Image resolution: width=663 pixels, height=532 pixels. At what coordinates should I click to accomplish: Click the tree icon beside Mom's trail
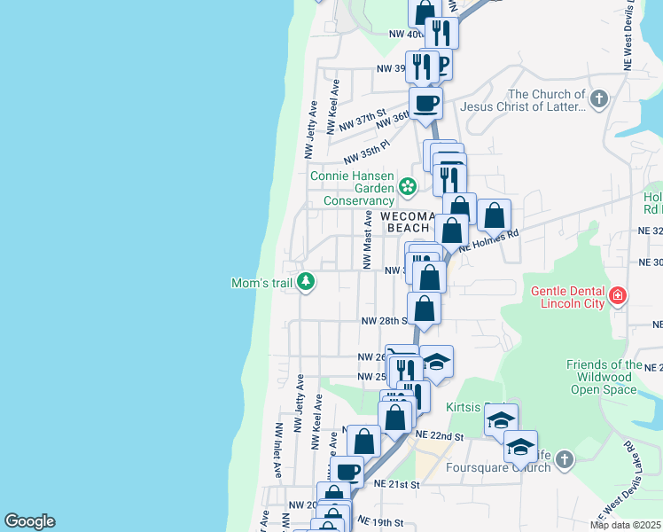pyautogui.click(x=306, y=282)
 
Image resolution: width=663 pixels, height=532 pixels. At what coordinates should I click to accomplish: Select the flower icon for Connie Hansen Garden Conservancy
pyautogui.click(x=408, y=186)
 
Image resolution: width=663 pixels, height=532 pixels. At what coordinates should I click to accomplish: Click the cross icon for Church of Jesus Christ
pyautogui.click(x=599, y=98)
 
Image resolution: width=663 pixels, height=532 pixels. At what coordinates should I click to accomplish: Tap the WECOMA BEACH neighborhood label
pyautogui.click(x=409, y=222)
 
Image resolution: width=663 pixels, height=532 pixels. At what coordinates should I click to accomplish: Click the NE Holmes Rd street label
pyautogui.click(x=488, y=242)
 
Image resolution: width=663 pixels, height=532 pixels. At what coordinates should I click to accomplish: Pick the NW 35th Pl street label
pyautogui.click(x=366, y=152)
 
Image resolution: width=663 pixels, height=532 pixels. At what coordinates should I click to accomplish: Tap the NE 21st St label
pyautogui.click(x=395, y=484)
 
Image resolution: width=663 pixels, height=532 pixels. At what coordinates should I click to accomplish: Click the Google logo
pyautogui.click(x=29, y=521)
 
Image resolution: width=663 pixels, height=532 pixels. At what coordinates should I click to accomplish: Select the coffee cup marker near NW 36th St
pyautogui.click(x=425, y=103)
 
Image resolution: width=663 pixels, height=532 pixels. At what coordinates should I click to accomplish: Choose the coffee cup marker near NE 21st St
pyautogui.click(x=347, y=472)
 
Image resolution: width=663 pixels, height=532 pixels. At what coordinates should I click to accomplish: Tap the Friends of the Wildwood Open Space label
pyautogui.click(x=604, y=377)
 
